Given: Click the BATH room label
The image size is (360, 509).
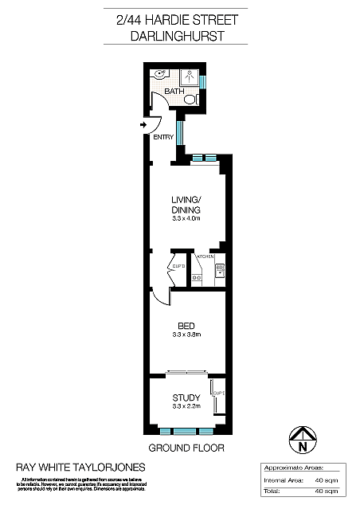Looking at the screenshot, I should coord(174,92).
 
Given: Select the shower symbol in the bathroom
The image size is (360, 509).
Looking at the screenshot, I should coord(191,77).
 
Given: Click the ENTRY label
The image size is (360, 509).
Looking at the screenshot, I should coord(163,138).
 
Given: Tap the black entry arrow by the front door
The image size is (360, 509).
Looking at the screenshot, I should coord(143,125).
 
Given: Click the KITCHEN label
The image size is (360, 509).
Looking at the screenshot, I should coord(205,257).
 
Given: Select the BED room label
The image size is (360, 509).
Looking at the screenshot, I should coord(186,326).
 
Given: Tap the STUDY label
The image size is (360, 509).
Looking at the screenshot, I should coord(186,397).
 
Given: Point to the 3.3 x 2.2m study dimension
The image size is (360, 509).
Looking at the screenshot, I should coord(186,407).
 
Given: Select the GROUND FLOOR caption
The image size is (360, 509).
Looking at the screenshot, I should coord(186,448).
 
